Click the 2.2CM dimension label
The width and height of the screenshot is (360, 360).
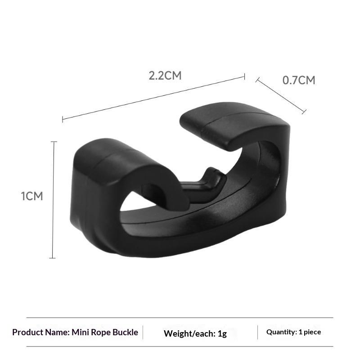tap(165, 76)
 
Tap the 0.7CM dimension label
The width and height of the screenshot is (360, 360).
tap(299, 81)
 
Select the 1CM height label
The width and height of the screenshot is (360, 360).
tap(32, 196)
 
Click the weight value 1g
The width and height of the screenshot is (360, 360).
tap(222, 333)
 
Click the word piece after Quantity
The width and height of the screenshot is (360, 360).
tap(312, 333)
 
